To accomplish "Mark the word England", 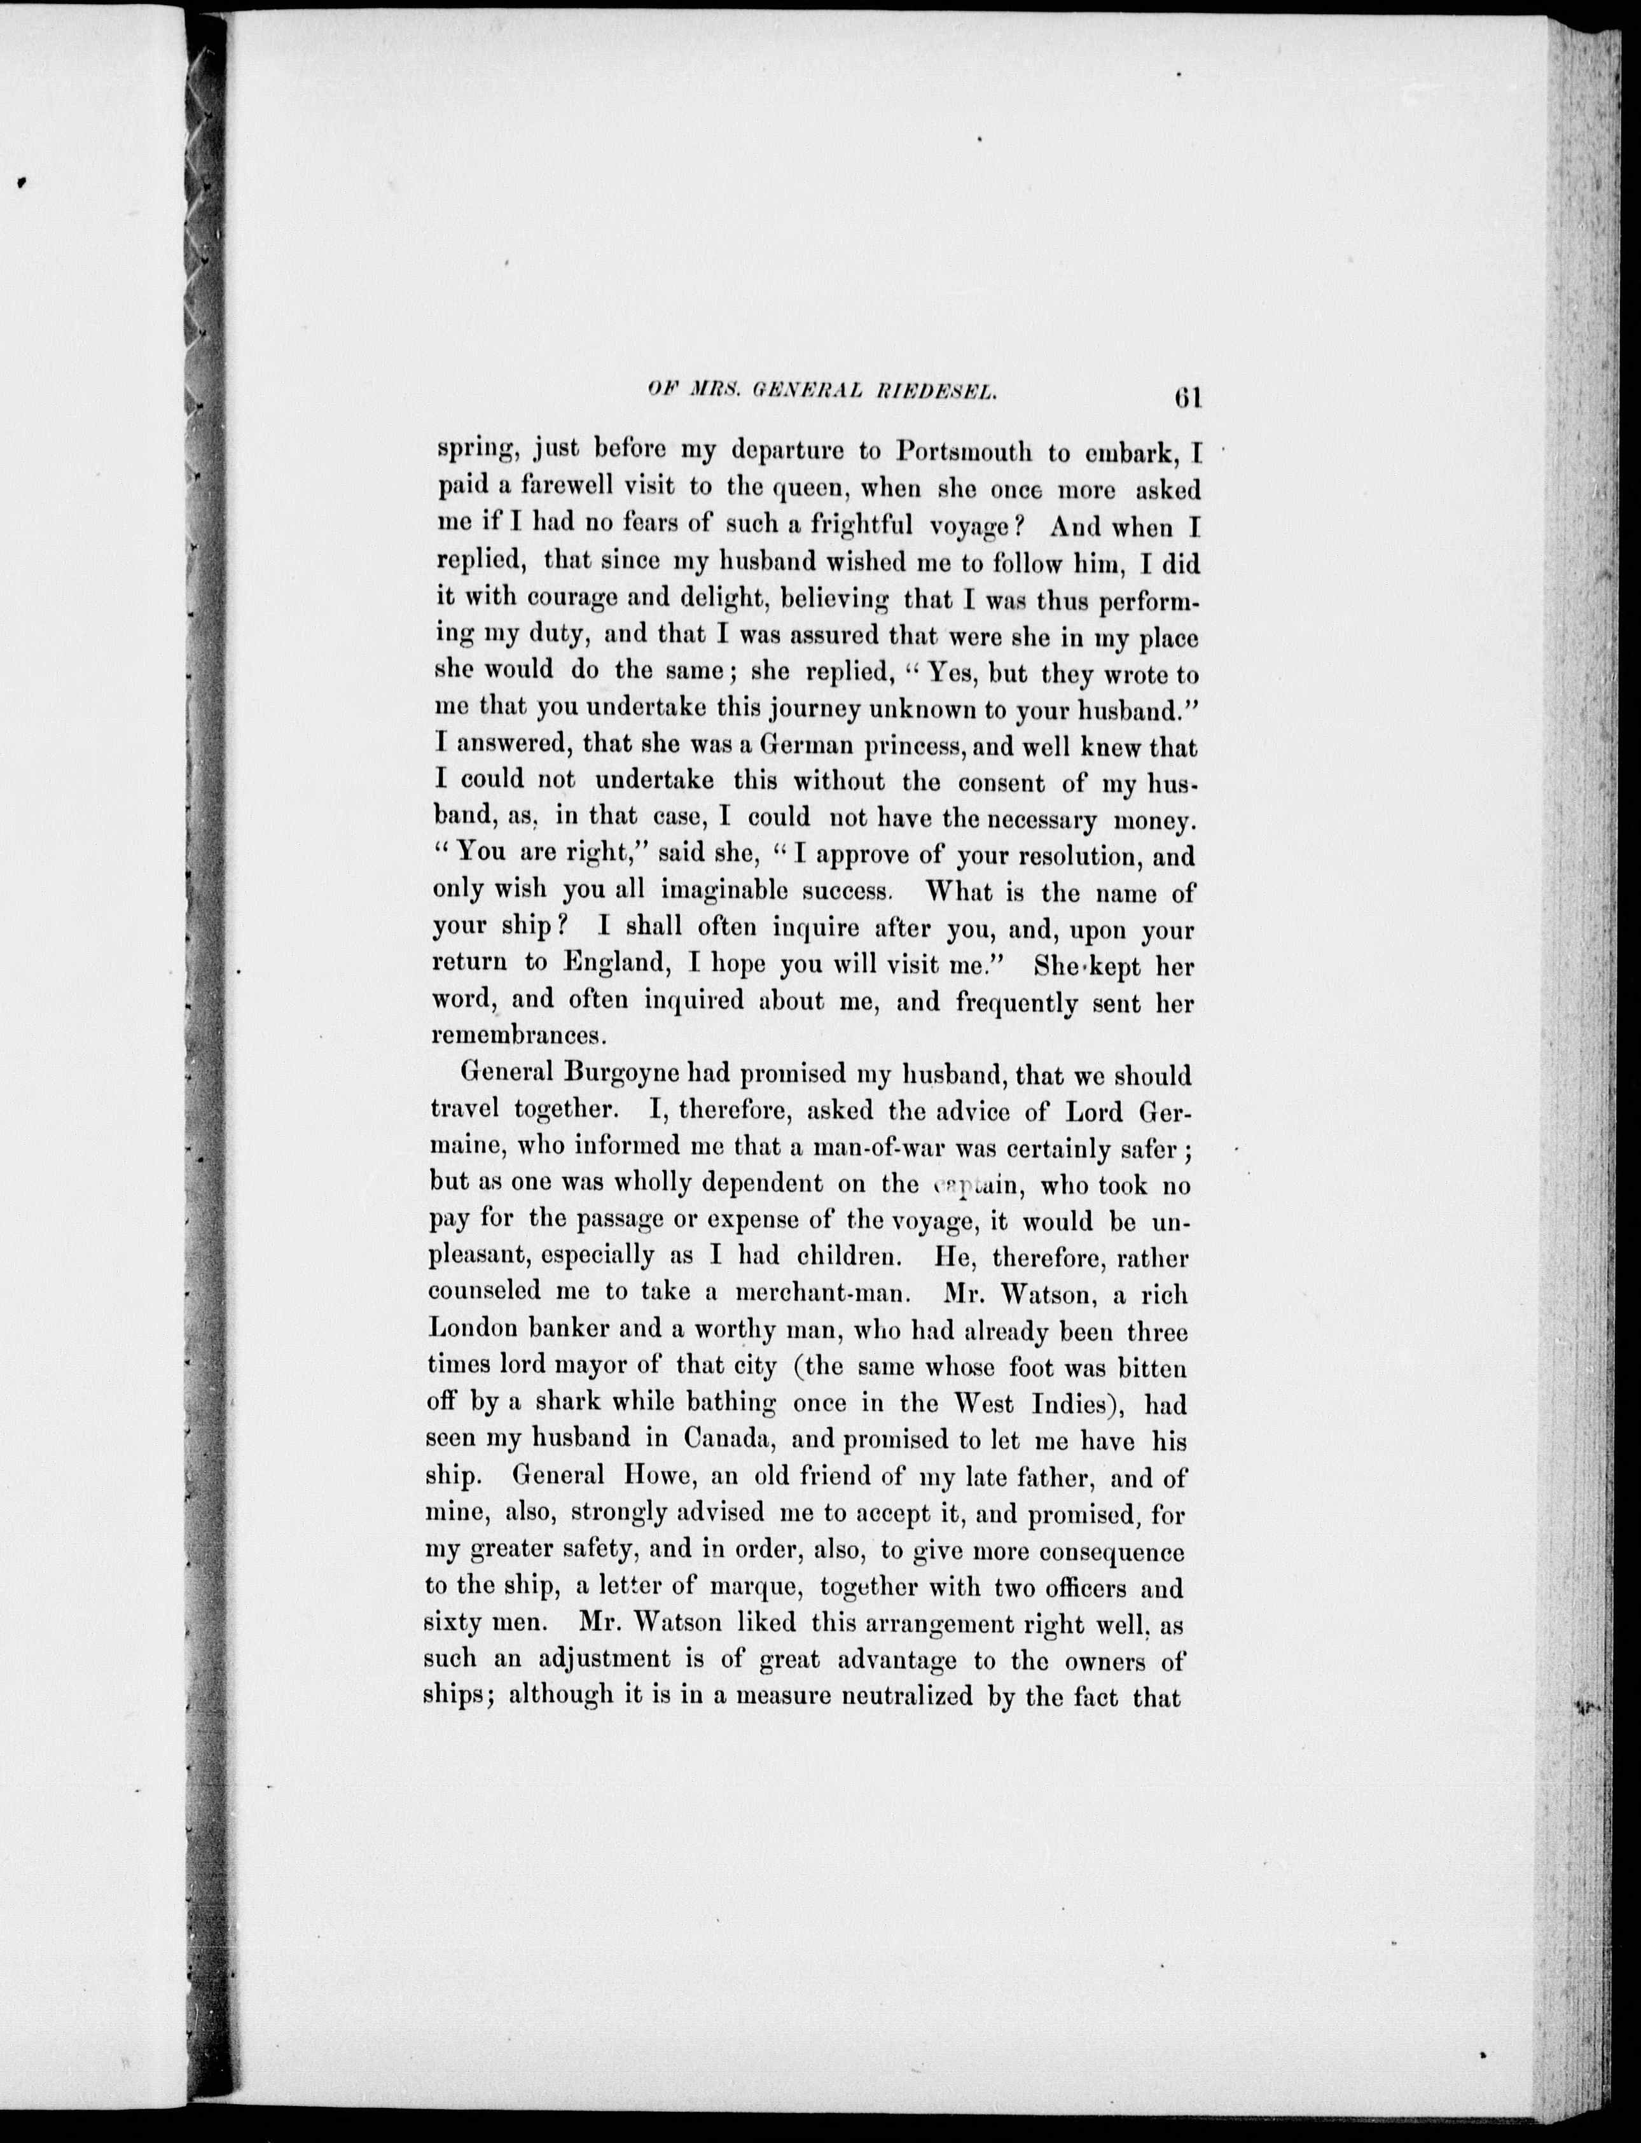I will coord(613,963).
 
